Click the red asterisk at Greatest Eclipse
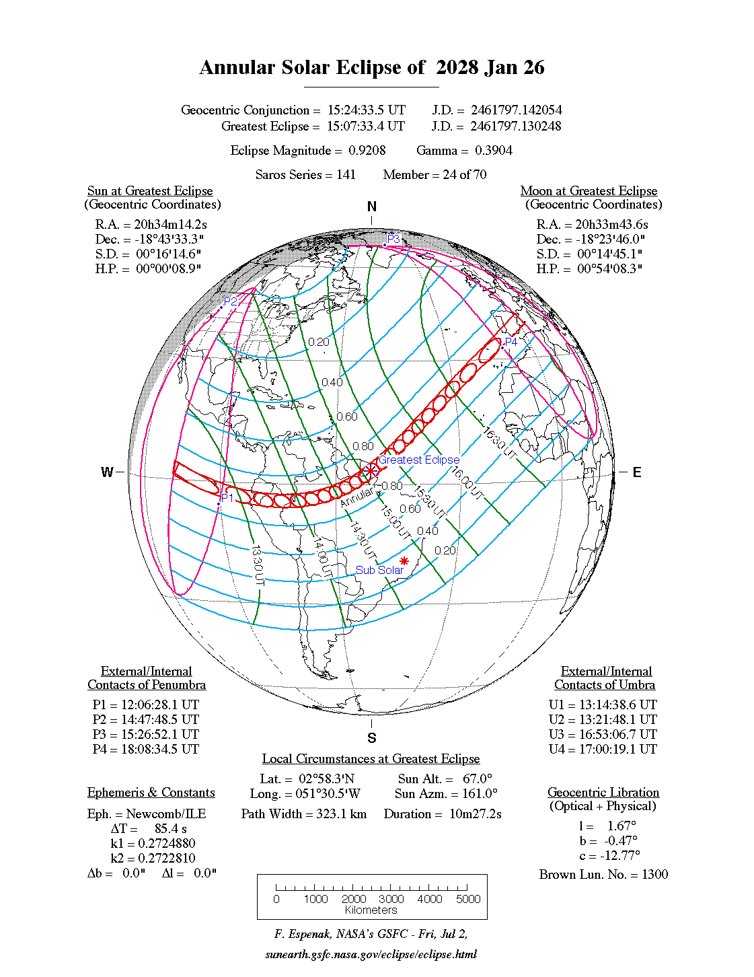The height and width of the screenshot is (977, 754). pos(371,470)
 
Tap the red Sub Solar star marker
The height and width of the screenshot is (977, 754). pos(404,561)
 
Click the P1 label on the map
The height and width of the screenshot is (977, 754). pos(227,498)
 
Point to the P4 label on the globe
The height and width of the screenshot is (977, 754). pos(511,342)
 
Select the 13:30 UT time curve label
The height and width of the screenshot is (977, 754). pos(257,566)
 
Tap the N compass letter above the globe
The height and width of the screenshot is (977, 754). pos(372,207)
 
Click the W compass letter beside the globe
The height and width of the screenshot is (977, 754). pos(107,472)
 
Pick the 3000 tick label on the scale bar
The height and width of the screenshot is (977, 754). pos(391,899)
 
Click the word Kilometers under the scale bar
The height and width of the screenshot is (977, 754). pos(371,910)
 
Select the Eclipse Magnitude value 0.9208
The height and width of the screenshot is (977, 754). pos(367,151)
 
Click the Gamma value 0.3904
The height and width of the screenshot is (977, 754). pos(494,151)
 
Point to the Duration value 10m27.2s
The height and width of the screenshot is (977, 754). pos(476,814)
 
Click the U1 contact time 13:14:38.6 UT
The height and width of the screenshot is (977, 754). pos(617,705)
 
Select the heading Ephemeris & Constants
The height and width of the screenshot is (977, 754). pos(151,793)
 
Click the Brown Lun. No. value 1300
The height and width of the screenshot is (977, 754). pos(654,875)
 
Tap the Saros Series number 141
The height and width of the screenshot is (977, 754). pos(346,175)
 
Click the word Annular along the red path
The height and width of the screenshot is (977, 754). pos(356,497)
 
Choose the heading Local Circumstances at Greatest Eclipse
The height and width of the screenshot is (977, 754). pos(371,759)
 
